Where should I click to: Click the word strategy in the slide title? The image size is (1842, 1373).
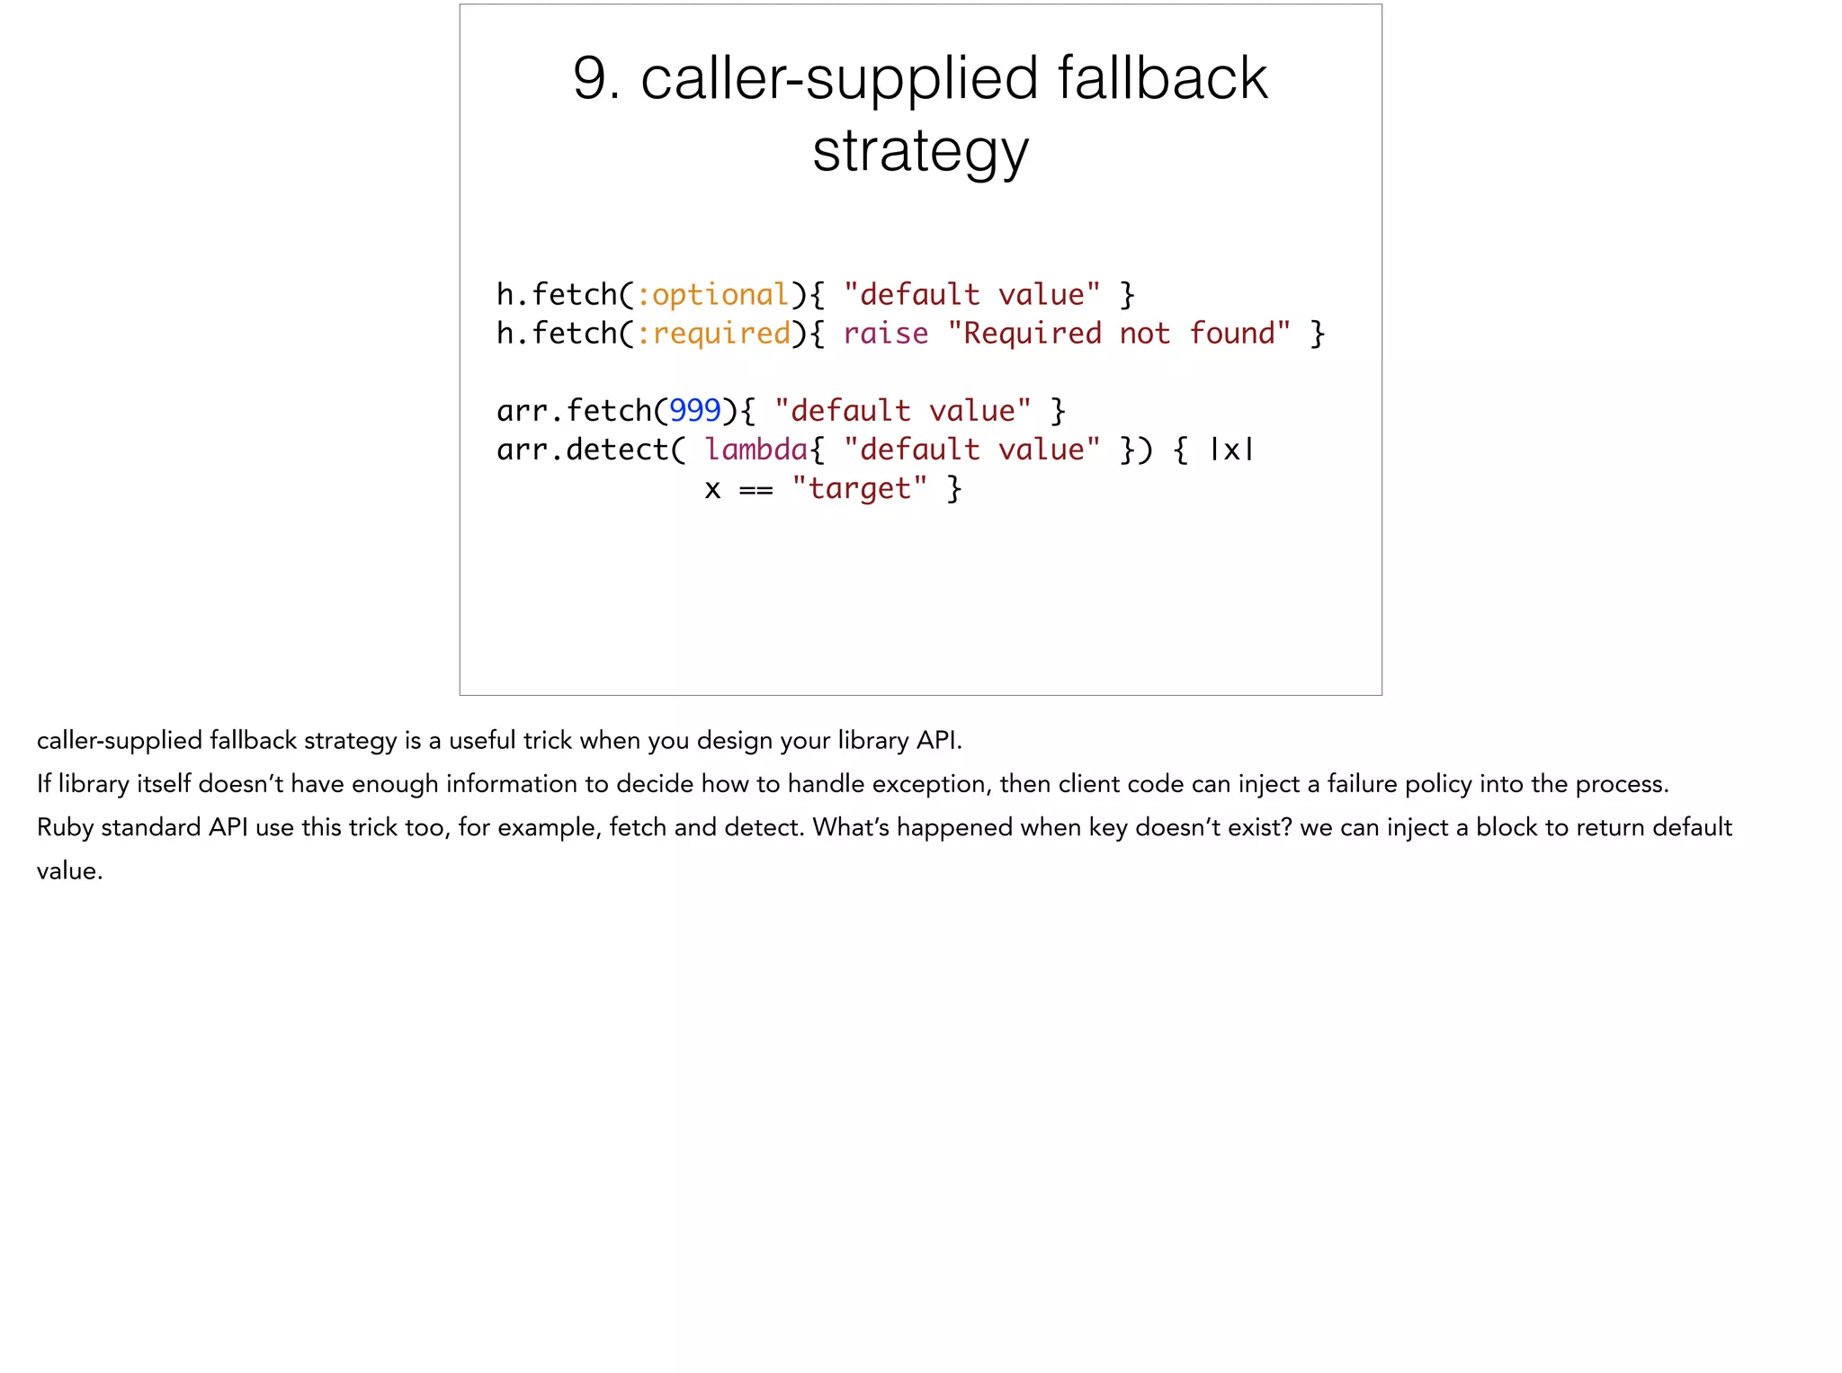pyautogui.click(x=920, y=151)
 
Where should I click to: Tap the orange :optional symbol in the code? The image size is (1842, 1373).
pyautogui.click(x=713, y=295)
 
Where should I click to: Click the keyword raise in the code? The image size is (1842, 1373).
pyautogui.click(x=885, y=334)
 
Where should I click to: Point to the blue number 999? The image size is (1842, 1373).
pyautogui.click(x=695, y=411)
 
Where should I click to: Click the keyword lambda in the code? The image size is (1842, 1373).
pyautogui.click(x=756, y=449)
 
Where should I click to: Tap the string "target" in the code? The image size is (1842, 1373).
pyautogui.click(x=859, y=488)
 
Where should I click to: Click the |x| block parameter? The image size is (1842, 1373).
pyautogui.click(x=1231, y=449)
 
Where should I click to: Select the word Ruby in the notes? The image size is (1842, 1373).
pyautogui.click(x=65, y=827)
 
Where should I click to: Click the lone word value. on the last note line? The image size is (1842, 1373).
pyautogui.click(x=69, y=870)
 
